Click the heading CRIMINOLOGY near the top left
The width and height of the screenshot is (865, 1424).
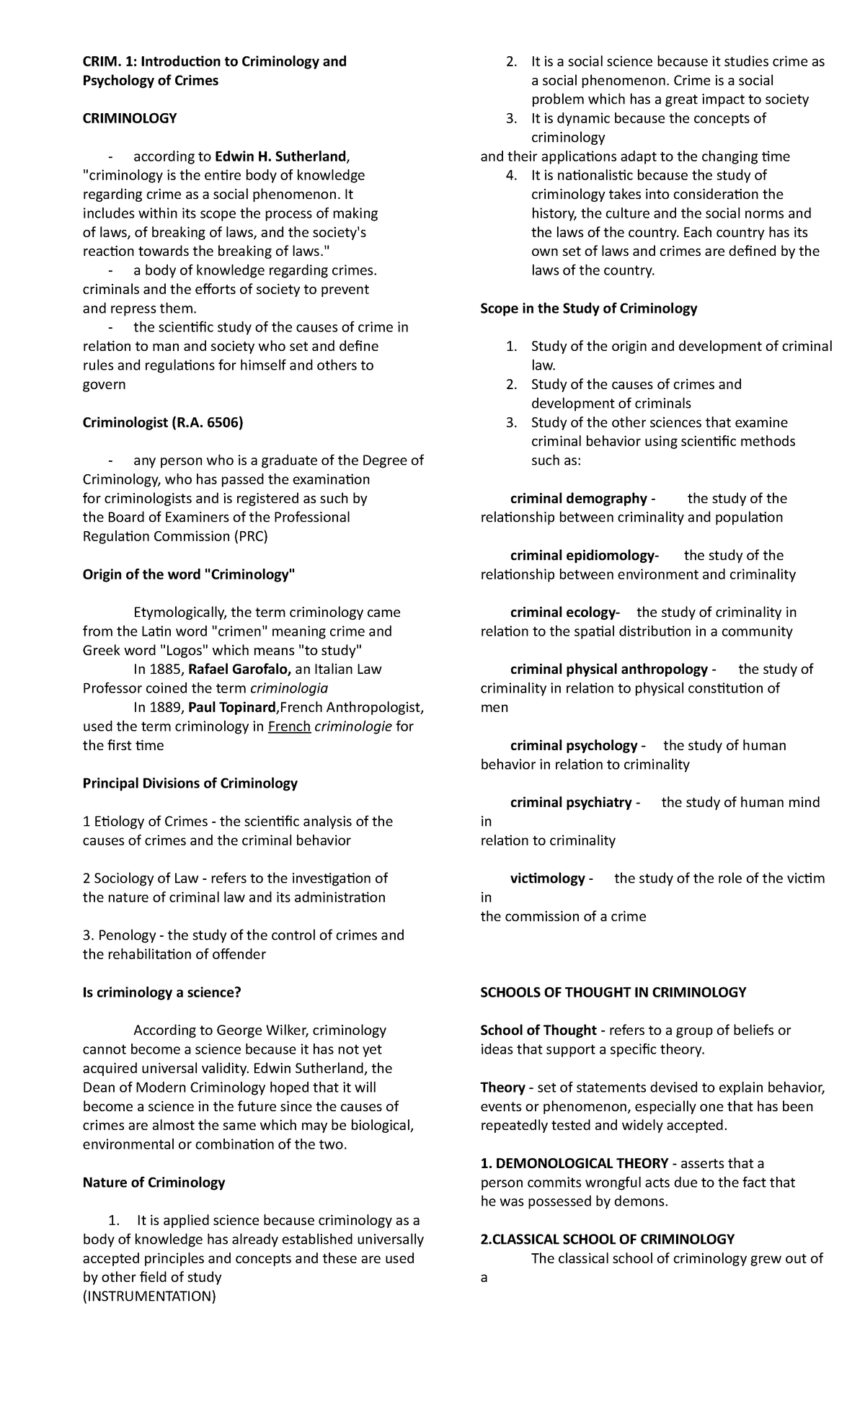tap(130, 118)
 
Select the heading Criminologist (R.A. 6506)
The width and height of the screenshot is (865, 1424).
tap(163, 422)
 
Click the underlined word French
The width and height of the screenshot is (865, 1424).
tap(289, 726)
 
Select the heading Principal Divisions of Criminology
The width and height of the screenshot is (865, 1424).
tap(190, 783)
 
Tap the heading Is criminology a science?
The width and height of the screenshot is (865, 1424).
tap(161, 992)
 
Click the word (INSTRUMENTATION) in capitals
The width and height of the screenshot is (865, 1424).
tap(149, 1296)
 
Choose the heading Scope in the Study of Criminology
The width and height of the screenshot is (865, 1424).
tap(588, 308)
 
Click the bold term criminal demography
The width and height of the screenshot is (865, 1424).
tap(579, 499)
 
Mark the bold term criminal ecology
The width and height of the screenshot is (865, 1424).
tap(562, 613)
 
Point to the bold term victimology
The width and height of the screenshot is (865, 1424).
tap(548, 878)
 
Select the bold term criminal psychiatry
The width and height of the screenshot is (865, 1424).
tap(571, 802)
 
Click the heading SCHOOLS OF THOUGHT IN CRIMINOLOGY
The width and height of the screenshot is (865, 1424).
tap(613, 992)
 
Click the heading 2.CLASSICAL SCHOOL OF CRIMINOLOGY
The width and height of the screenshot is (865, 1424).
tap(607, 1240)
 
